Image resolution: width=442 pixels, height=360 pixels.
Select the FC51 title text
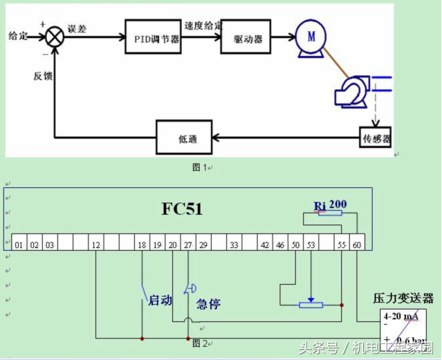pos(182,208)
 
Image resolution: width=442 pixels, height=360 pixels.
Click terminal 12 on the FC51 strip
pos(95,244)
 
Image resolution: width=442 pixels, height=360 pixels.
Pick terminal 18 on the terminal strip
pos(142,244)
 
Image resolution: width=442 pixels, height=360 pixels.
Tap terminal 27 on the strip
pos(188,244)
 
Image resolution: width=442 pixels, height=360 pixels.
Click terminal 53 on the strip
pos(311,244)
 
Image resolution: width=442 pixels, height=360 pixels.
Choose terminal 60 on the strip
pos(357,244)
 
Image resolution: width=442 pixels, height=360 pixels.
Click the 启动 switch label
pos(160,301)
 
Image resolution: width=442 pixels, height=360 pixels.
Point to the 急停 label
pos(208,303)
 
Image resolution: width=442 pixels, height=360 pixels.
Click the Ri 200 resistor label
pos(330,205)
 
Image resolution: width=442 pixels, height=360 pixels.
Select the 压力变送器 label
pos(403,299)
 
